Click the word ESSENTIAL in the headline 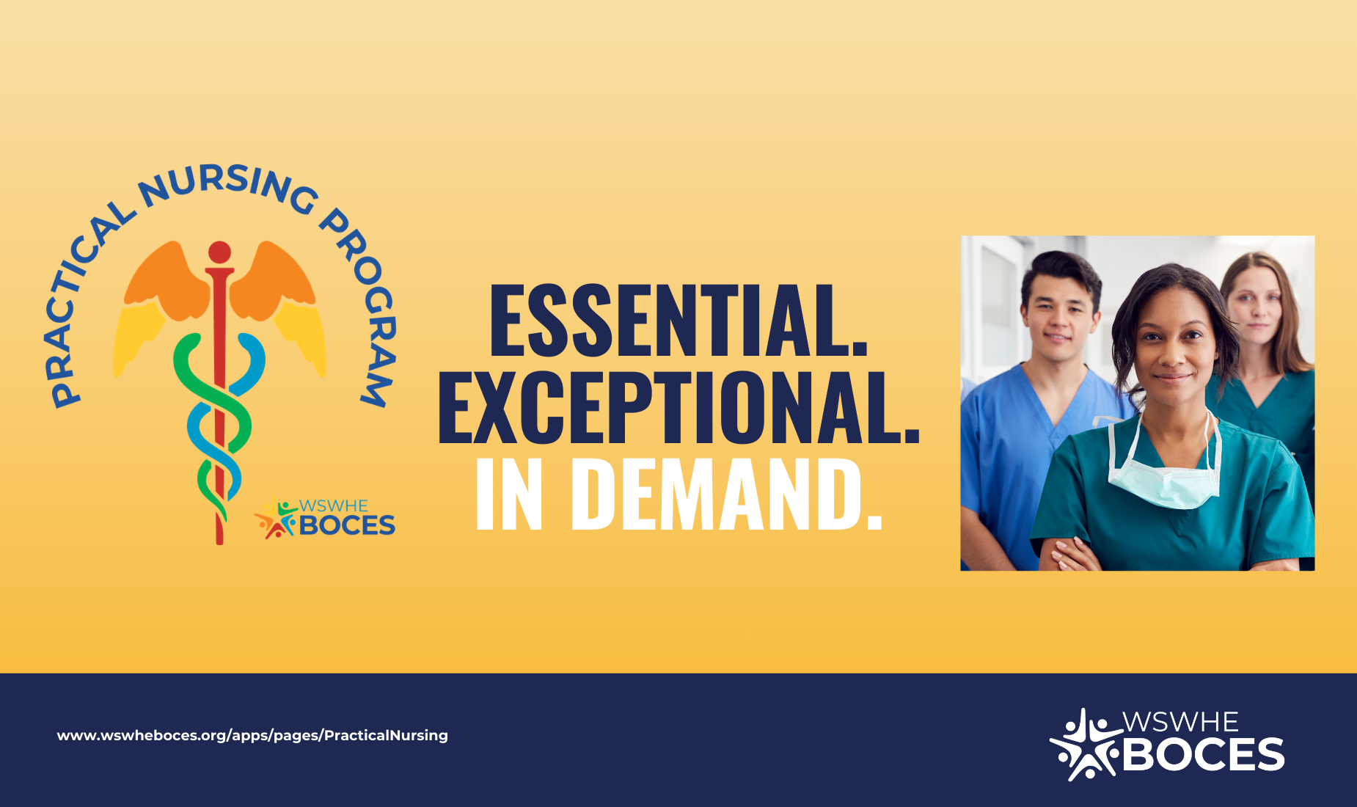pyautogui.click(x=678, y=321)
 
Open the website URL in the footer pyautogui.click(x=252, y=735)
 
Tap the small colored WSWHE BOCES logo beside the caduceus pyautogui.click(x=325, y=519)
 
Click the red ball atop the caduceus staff pyautogui.click(x=219, y=252)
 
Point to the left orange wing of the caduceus pyautogui.click(x=165, y=282)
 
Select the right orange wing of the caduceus pyautogui.click(x=275, y=282)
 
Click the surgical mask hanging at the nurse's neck pyautogui.click(x=1163, y=481)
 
